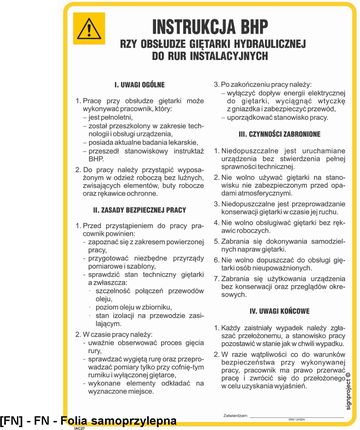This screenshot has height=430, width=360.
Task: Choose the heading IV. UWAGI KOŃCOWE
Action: [268, 309]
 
